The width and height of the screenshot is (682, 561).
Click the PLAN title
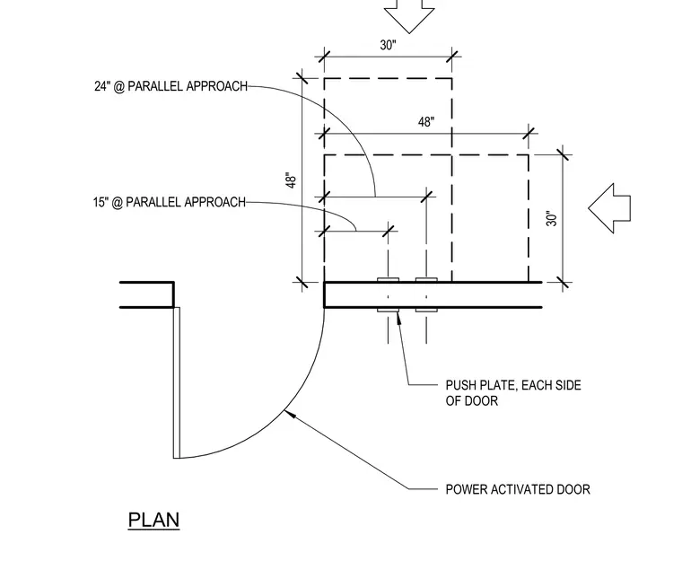[153, 520]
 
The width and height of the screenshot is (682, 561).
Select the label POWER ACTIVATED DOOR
[518, 489]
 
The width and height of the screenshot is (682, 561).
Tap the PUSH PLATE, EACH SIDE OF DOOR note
[513, 393]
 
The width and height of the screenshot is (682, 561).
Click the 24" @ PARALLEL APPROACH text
[170, 86]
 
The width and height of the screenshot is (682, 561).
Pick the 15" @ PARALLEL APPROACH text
[170, 202]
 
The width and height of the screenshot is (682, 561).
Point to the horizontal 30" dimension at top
[388, 45]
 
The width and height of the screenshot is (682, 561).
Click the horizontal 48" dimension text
[426, 122]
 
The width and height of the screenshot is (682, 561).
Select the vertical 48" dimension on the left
[291, 180]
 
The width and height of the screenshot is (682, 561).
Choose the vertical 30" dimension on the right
[552, 218]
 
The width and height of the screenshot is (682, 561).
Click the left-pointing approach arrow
[609, 208]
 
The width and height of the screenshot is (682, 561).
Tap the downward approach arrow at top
[409, 15]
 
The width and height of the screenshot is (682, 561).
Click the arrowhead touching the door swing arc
[290, 414]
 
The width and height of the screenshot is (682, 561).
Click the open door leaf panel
[177, 382]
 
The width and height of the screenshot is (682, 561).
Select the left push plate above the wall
[388, 280]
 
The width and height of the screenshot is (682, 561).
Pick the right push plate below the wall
[426, 310]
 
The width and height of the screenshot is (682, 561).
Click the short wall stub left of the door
[147, 294]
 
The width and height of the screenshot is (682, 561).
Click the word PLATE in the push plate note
[499, 385]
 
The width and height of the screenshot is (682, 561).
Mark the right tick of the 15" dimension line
[388, 231]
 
